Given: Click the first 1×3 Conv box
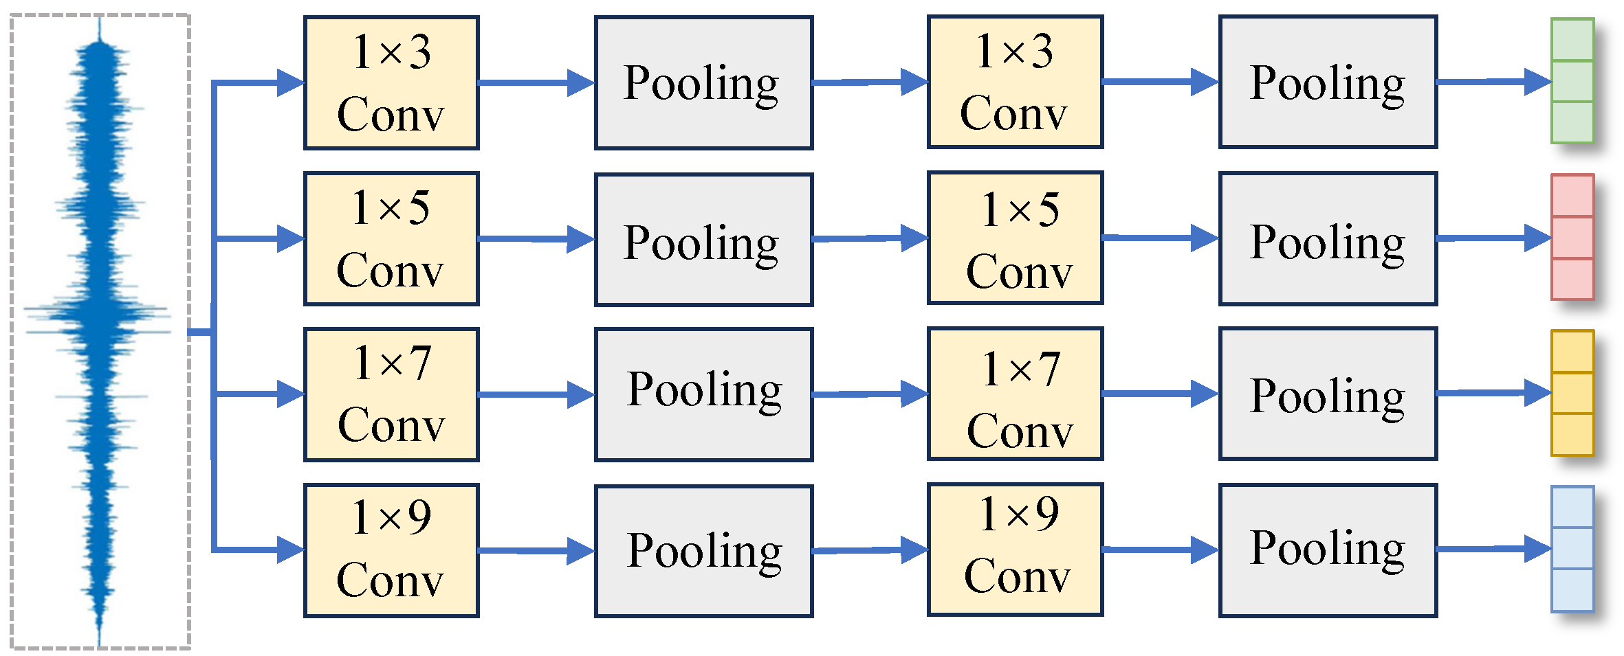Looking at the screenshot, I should pyautogui.click(x=391, y=82).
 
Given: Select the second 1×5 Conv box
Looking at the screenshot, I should pyautogui.click(x=1015, y=238).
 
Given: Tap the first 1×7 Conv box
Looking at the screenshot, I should pyautogui.click(x=391, y=394).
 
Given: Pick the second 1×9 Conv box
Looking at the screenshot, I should pyautogui.click(x=1015, y=549).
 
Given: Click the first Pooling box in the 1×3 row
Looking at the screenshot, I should pyautogui.click(x=703, y=82).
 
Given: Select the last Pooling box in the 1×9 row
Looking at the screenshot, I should pyautogui.click(x=1328, y=550).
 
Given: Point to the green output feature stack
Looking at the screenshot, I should pyautogui.click(x=1572, y=81).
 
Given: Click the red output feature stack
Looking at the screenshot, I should pyautogui.click(x=1572, y=237).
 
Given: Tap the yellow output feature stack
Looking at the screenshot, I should pyautogui.click(x=1572, y=393).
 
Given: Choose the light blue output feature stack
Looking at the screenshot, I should pyautogui.click(x=1572, y=549).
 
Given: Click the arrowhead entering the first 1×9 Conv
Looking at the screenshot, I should pyautogui.click(x=289, y=550).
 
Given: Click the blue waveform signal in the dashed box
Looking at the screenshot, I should pyautogui.click(x=100, y=330).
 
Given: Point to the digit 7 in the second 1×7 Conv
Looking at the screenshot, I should pyautogui.click(x=1049, y=370).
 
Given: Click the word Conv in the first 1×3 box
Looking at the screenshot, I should pyautogui.click(x=391, y=114).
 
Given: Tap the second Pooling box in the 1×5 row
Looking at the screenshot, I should pyautogui.click(x=1328, y=238).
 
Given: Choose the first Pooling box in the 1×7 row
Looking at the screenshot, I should pyautogui.click(x=703, y=394).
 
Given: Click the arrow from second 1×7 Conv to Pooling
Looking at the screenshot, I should pyautogui.click(x=1159, y=394).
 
